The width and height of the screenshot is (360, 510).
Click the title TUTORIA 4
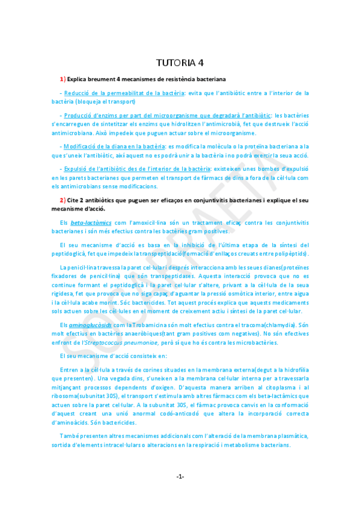180,63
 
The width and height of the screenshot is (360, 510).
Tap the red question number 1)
63,79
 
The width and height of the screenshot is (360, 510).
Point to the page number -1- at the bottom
180,476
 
